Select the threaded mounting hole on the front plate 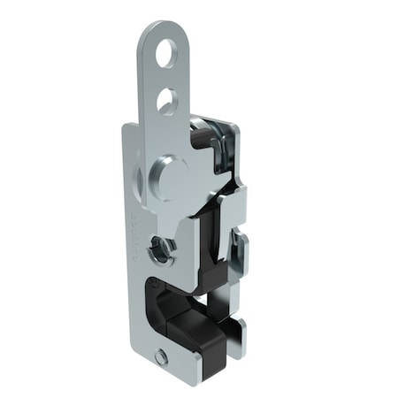click(160, 250)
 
